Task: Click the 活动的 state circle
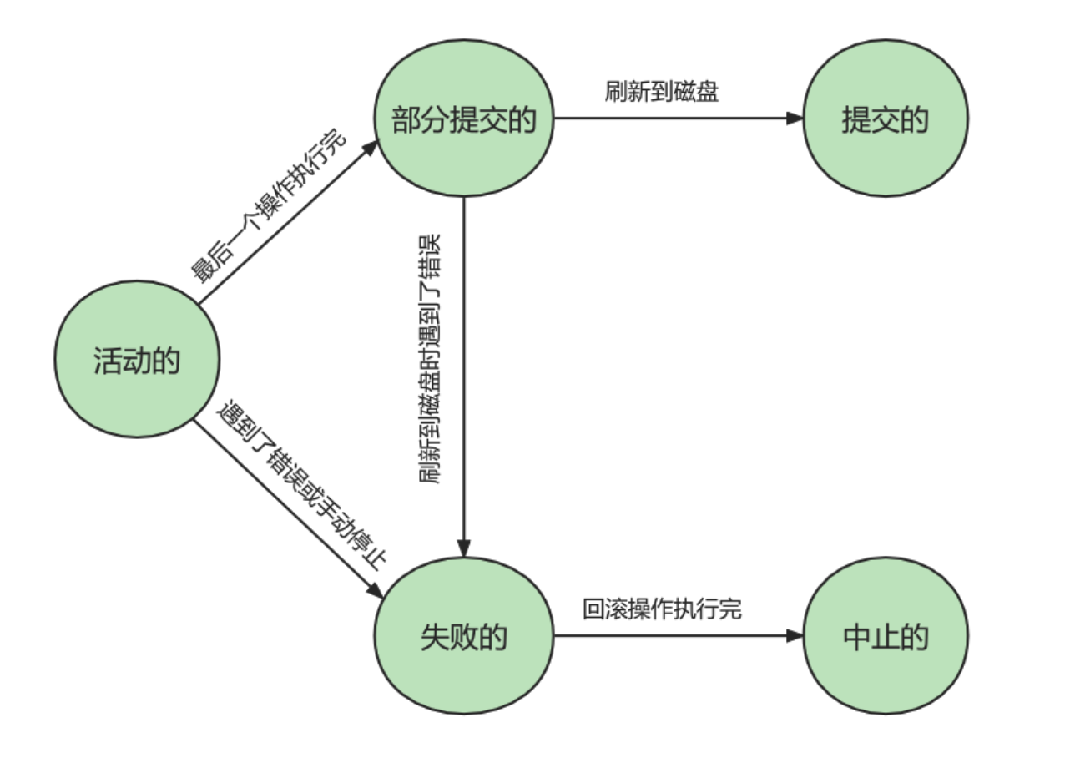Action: [138, 358]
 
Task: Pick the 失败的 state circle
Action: [464, 636]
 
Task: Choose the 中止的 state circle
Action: [885, 636]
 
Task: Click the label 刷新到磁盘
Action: [662, 91]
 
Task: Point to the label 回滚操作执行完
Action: [662, 609]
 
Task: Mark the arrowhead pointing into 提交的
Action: [795, 118]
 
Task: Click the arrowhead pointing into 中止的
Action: [795, 636]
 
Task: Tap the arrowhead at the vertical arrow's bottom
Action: [464, 549]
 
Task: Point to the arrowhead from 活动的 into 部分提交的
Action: [371, 149]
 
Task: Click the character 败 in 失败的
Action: [464, 637]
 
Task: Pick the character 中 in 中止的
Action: [857, 637]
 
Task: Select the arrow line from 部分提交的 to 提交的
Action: [668, 118]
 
